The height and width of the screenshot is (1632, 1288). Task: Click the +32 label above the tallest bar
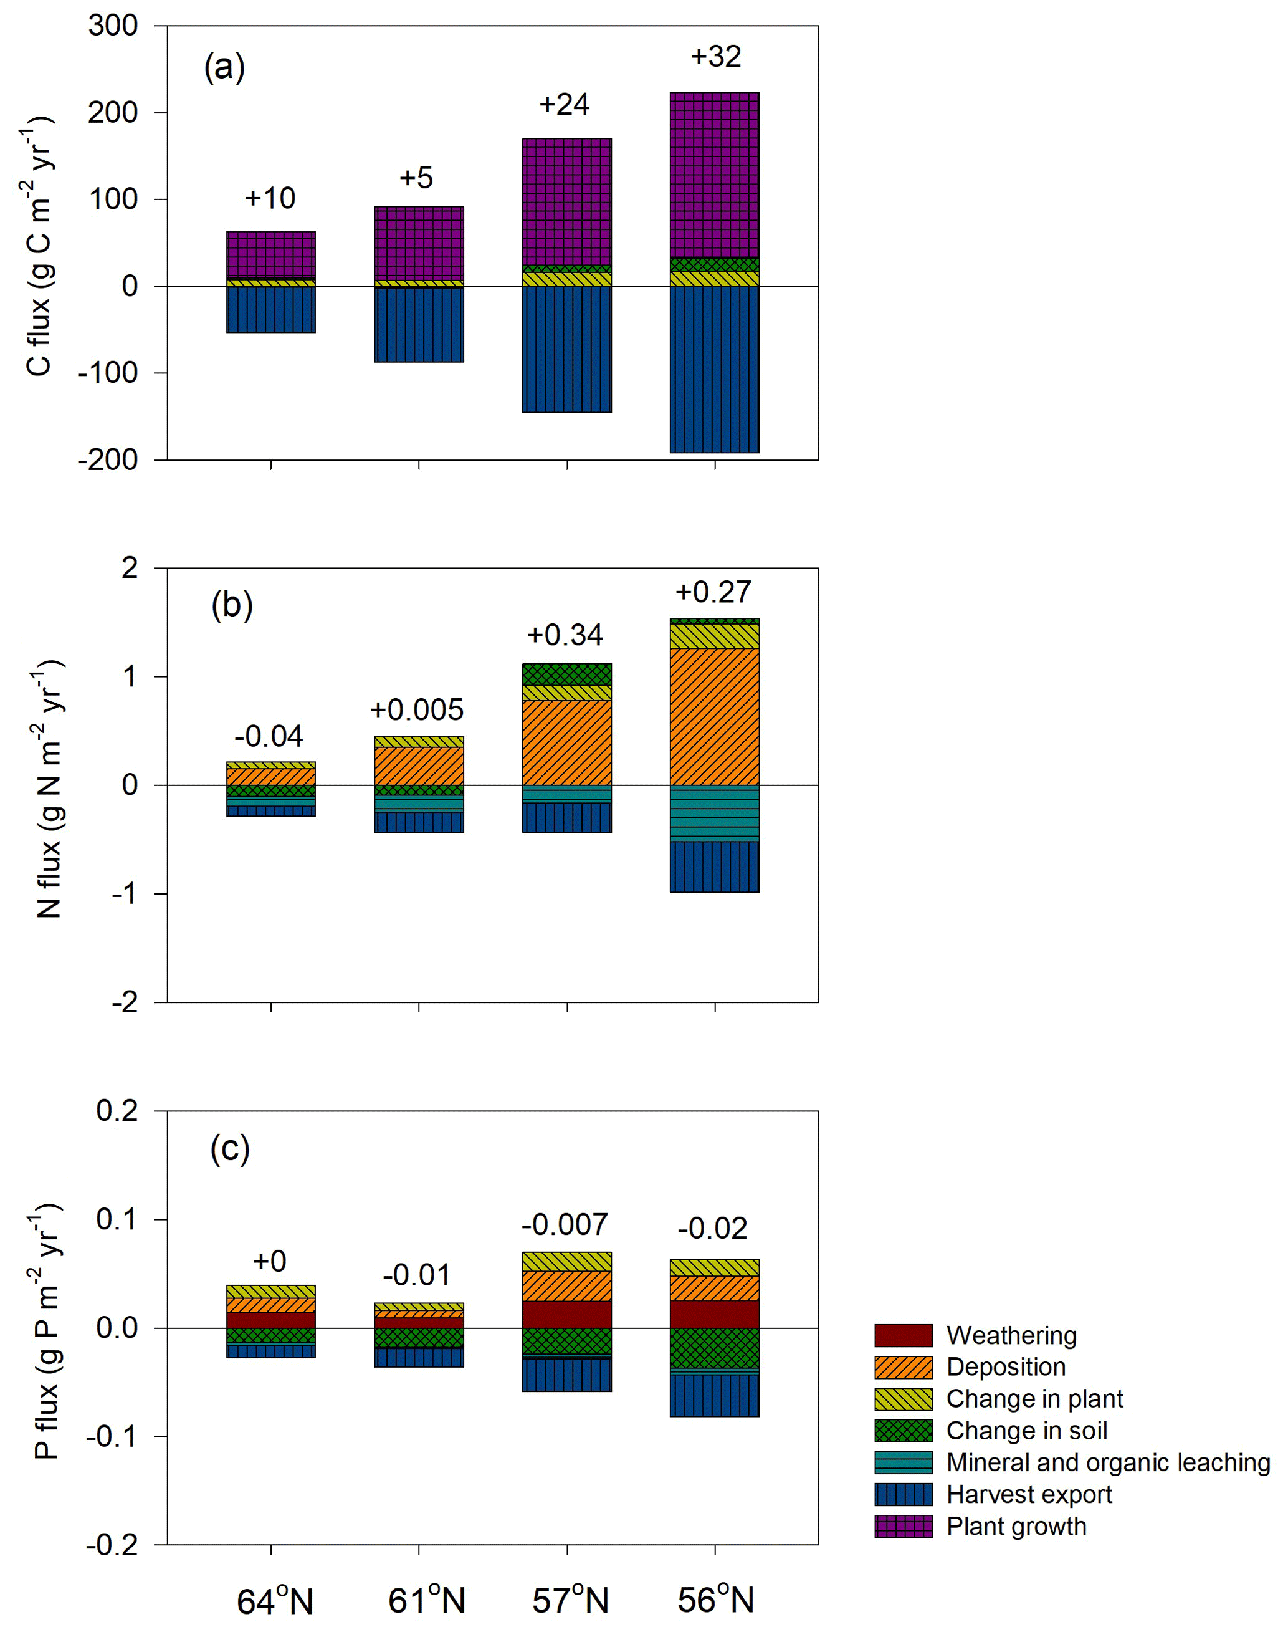coord(715,57)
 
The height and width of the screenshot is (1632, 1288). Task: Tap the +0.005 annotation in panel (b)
coord(417,710)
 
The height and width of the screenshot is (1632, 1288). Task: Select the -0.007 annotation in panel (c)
coord(565,1224)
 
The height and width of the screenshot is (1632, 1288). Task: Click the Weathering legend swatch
coord(904,1335)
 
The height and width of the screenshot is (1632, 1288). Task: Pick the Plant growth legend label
coord(1016,1527)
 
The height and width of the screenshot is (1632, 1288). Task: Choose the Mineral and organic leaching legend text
coord(1109,1462)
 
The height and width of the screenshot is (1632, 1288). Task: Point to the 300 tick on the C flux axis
coord(113,26)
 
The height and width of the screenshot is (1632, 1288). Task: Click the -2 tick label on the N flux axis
coord(125,1002)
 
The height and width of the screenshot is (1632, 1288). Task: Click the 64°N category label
coord(275,1600)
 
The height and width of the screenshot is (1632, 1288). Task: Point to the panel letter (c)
coord(230,1148)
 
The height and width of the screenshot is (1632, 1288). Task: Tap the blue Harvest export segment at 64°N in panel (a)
coord(270,309)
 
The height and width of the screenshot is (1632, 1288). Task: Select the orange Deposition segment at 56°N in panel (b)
coord(714,717)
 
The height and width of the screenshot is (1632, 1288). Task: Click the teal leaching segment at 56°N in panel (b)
coord(714,814)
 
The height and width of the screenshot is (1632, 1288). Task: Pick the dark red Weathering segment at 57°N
coord(566,1313)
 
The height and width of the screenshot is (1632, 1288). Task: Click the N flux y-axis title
coord(49,789)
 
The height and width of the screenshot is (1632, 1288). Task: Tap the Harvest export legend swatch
coord(904,1494)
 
